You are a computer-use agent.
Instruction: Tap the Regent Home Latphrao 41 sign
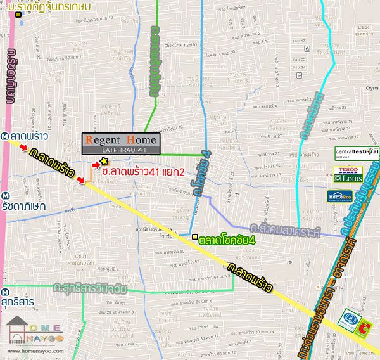click(x=120, y=143)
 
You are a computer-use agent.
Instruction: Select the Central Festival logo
click(x=357, y=153)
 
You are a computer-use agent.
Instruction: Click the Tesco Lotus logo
click(x=348, y=174)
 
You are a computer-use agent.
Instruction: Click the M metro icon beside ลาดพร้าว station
click(x=5, y=136)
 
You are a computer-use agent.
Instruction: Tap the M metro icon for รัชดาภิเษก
click(x=5, y=195)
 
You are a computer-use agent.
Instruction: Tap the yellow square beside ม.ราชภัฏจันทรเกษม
click(x=20, y=14)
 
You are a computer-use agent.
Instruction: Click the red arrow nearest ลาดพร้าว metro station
click(x=23, y=148)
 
